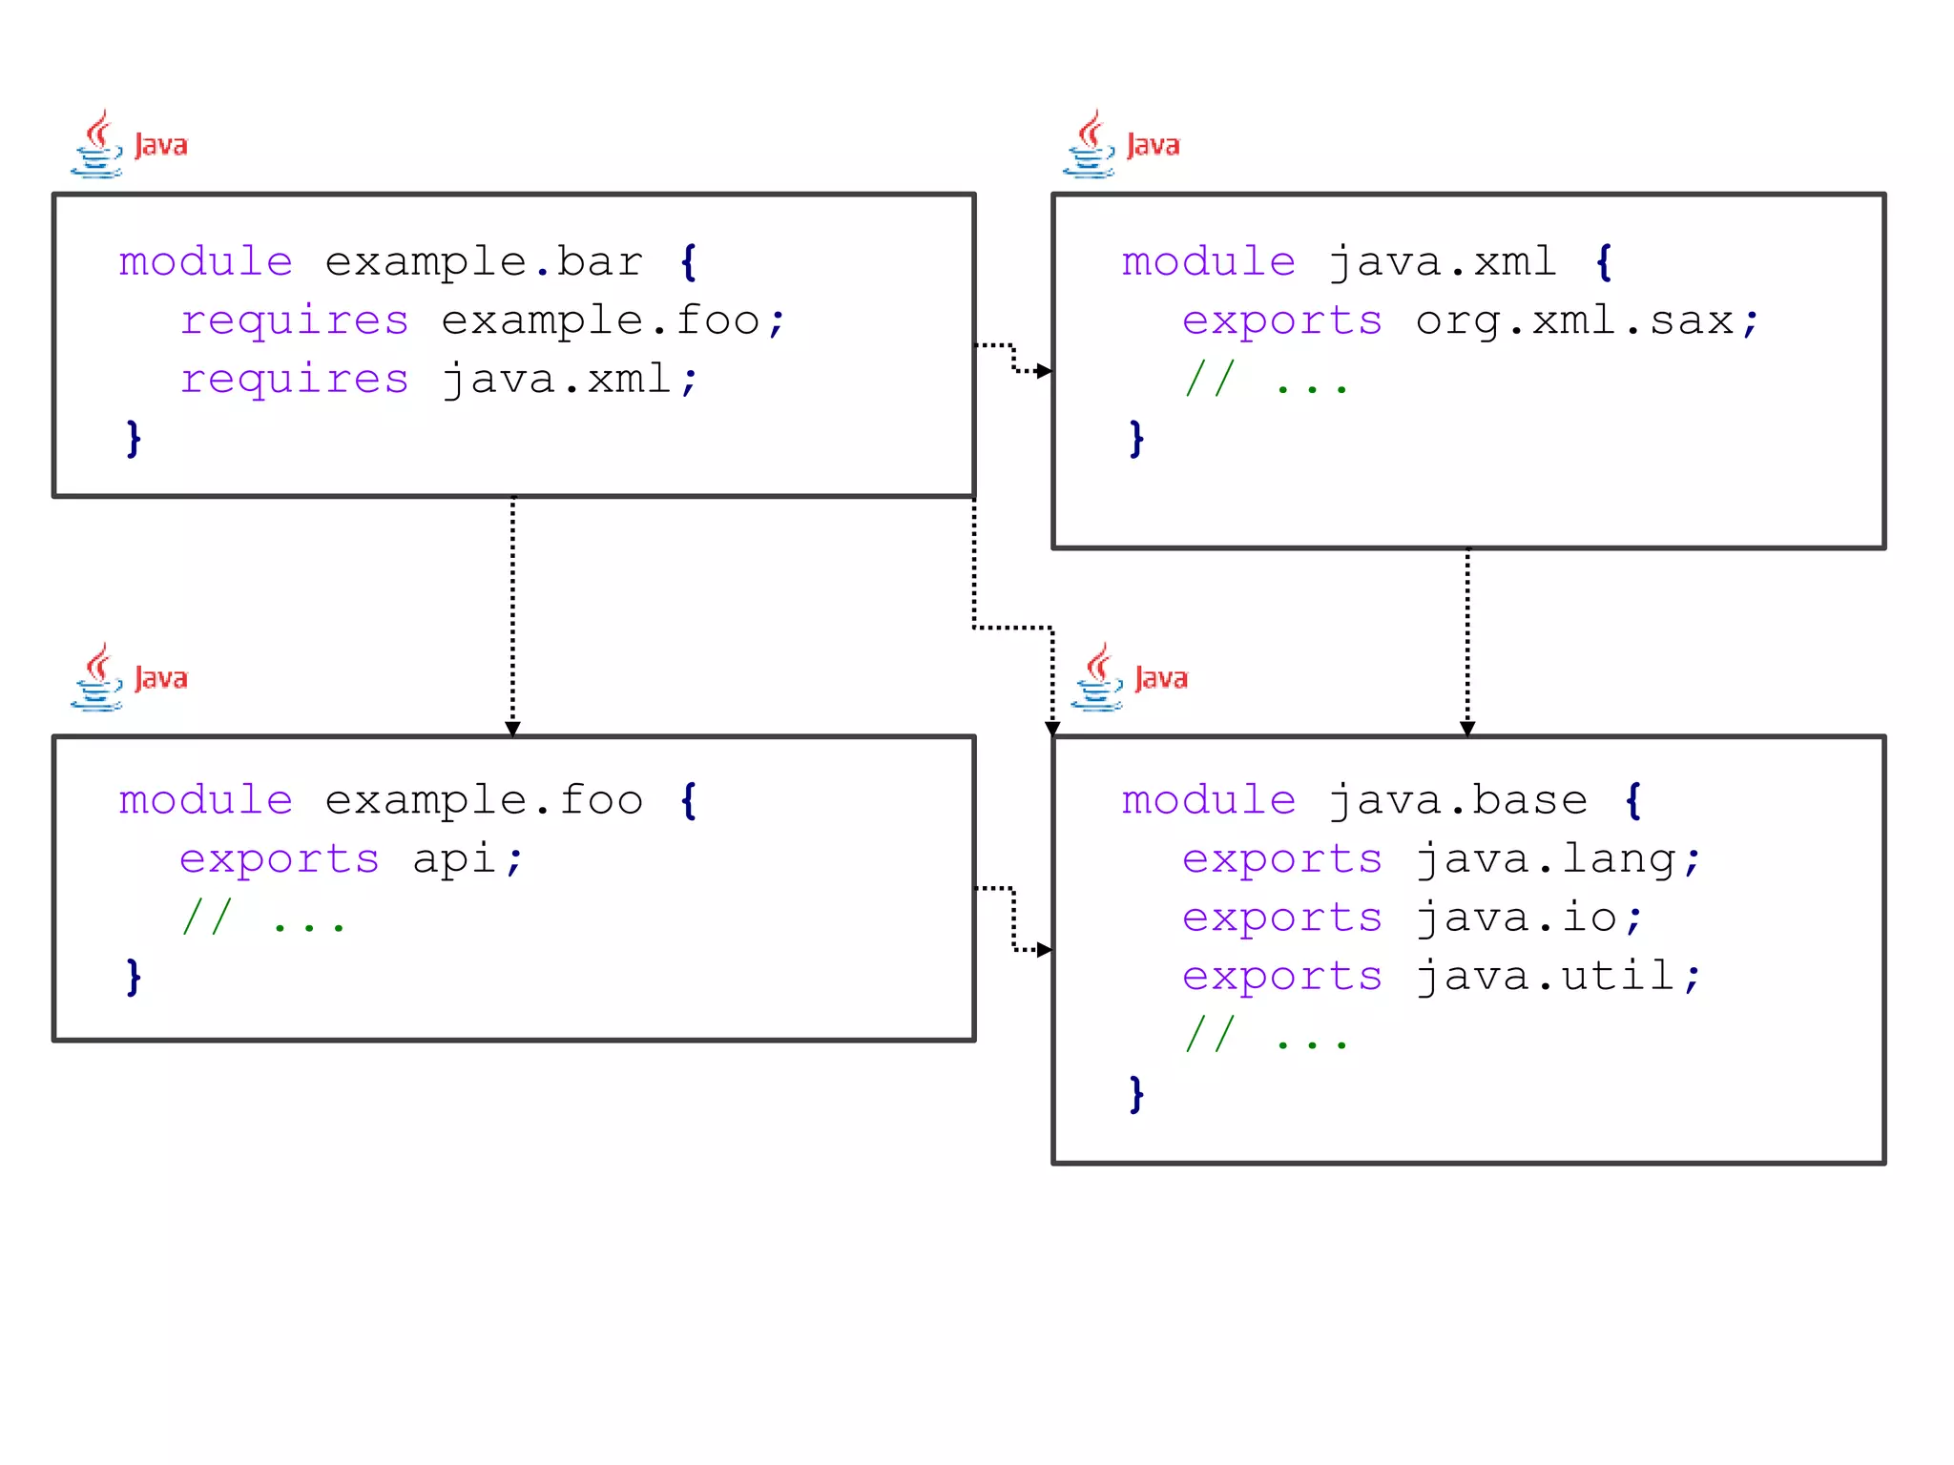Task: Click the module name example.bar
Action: [x=484, y=262]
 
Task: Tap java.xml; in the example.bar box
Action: [x=571, y=381]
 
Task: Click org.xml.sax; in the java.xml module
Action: [x=1587, y=321]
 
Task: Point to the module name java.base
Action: [x=1458, y=800]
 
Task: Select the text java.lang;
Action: [x=1558, y=859]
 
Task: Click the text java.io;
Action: [x=1529, y=918]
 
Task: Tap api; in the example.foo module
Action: [x=468, y=859]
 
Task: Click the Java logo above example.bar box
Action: [x=129, y=144]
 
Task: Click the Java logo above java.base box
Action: [x=1130, y=677]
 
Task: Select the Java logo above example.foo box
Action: [x=129, y=677]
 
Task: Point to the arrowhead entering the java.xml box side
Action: [x=1045, y=371]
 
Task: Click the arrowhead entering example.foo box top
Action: [x=512, y=729]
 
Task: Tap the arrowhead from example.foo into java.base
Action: [x=1045, y=950]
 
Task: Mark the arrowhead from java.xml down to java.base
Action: [x=1467, y=729]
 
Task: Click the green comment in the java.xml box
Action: [x=1265, y=381]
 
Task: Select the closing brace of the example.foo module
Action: [x=134, y=978]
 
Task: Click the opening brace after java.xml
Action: [x=1604, y=262]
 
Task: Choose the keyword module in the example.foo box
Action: [x=206, y=800]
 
